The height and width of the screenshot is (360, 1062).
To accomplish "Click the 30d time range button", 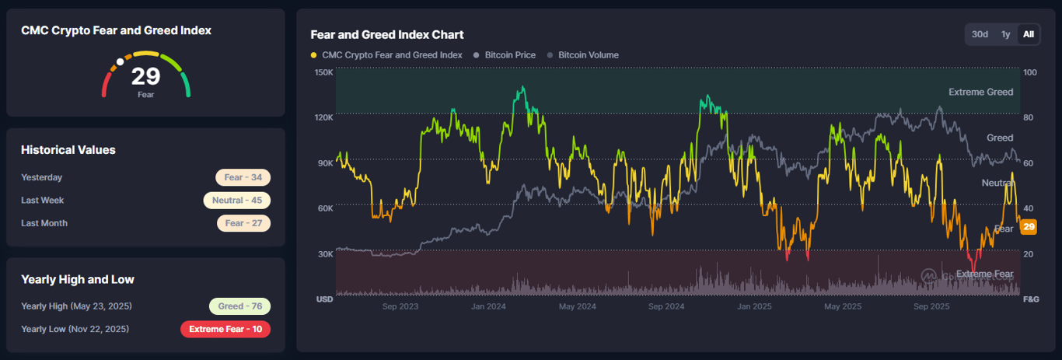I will click(x=980, y=34).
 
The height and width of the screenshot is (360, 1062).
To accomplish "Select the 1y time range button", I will click(x=1005, y=34).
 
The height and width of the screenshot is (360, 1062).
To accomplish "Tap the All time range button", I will click(x=1029, y=34).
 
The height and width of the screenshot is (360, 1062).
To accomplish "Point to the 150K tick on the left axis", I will click(x=323, y=72).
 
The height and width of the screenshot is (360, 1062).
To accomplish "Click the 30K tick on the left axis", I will click(x=324, y=253).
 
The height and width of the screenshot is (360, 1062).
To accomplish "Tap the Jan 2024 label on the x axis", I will click(x=488, y=307).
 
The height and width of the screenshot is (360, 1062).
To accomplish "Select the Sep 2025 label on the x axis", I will click(x=932, y=307).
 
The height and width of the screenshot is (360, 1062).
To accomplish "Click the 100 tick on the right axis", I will click(x=1030, y=72).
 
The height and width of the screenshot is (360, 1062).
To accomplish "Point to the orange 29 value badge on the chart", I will click(x=1029, y=227).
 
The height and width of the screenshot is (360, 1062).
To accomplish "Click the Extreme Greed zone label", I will click(x=980, y=92).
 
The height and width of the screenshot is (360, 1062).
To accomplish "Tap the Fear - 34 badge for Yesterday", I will click(x=243, y=177).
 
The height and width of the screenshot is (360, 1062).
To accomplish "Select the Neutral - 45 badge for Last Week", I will click(x=236, y=201).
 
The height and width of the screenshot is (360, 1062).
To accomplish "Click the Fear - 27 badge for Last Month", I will click(x=243, y=223).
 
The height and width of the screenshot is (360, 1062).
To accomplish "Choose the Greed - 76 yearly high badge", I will click(x=239, y=306).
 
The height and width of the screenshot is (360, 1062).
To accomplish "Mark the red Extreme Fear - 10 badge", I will click(x=225, y=329).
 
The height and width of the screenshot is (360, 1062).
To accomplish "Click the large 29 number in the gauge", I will click(x=145, y=76).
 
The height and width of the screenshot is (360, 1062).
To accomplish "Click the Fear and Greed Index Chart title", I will click(x=386, y=34).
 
